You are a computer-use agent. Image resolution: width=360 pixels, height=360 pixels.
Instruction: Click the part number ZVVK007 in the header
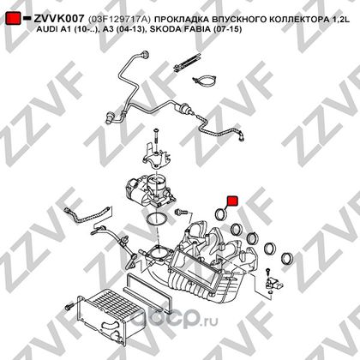pos(59,19)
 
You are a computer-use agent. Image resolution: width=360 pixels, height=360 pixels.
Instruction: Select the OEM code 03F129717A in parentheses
pos(120,19)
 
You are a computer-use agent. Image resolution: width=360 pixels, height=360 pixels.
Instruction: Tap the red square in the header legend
pos(13,18)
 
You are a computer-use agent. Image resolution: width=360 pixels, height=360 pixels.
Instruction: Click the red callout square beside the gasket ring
pos(232,201)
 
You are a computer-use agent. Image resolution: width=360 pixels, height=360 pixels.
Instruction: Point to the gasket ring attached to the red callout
pos(221,214)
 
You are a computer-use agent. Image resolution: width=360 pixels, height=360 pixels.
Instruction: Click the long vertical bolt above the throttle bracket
pos(156,139)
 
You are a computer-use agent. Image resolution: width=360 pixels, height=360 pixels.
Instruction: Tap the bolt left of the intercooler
pos(69,308)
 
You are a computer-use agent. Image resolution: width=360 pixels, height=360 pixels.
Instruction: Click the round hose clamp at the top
pos(205,81)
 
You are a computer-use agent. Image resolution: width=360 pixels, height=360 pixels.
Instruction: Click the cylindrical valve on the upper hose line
pos(183,110)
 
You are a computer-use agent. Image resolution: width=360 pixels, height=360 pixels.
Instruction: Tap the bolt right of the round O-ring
pos(181,212)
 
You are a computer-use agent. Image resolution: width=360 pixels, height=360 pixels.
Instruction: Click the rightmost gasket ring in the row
pos(286,258)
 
